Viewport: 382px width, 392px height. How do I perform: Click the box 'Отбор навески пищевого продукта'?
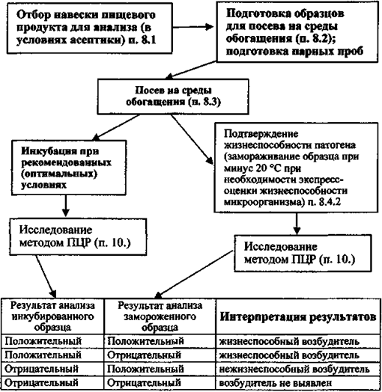(x=90, y=28)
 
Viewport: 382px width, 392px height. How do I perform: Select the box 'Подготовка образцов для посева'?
(x=297, y=31)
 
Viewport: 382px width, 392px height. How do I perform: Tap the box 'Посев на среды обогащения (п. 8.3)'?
(x=173, y=97)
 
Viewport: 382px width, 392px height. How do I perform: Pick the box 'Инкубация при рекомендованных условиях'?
(x=69, y=168)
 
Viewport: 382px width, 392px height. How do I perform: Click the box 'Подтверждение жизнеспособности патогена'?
(x=296, y=168)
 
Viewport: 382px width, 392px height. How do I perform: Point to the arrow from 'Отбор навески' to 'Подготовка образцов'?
(x=193, y=27)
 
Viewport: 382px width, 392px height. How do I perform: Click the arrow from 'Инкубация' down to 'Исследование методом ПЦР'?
(x=66, y=206)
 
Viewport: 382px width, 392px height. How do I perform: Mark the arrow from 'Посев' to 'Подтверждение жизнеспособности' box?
(x=192, y=139)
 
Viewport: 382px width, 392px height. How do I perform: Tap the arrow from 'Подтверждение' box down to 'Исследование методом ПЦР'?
(x=297, y=224)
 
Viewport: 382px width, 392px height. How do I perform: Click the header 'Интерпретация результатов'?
(x=298, y=317)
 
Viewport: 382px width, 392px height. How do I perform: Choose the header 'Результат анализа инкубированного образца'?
(x=52, y=316)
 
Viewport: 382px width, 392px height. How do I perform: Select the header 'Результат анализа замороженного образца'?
(x=160, y=316)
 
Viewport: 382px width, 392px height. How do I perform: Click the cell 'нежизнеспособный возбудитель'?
(x=294, y=369)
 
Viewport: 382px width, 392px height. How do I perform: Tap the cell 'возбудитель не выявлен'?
(x=276, y=383)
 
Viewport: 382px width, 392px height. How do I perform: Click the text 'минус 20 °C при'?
(x=262, y=168)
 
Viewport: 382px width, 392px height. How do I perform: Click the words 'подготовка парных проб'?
(x=294, y=52)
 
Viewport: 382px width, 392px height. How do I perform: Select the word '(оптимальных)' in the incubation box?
(x=59, y=174)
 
